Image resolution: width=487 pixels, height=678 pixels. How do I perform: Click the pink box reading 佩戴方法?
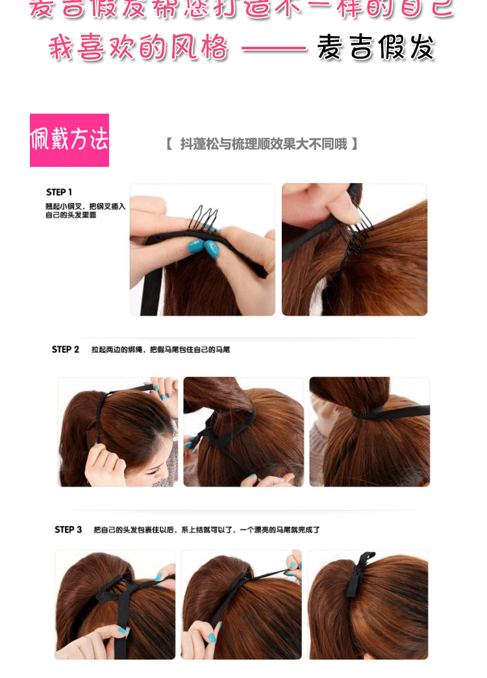click(x=69, y=140)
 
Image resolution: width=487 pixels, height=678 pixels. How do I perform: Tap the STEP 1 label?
click(x=59, y=192)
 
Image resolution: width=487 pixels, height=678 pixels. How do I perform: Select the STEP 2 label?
click(x=66, y=349)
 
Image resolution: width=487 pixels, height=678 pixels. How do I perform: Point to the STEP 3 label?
click(x=68, y=530)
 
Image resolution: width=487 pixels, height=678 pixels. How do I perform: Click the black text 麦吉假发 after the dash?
click(x=375, y=47)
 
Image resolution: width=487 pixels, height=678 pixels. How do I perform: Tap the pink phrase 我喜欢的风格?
click(x=139, y=47)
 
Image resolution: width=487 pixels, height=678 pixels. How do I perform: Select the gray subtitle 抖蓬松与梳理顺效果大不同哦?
click(x=263, y=144)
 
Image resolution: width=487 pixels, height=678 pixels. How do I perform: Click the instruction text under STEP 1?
click(x=85, y=210)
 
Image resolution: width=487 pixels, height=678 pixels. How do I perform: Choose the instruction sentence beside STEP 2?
click(x=160, y=350)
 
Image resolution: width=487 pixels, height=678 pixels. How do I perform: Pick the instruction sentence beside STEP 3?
click(x=206, y=530)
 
